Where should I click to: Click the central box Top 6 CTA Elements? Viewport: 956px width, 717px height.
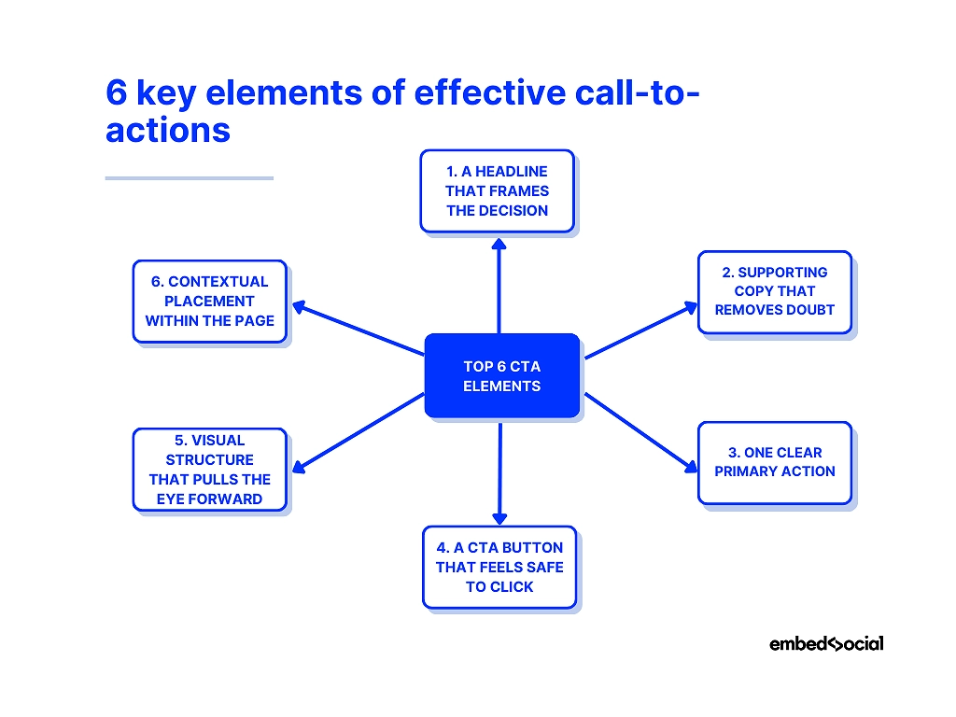[501, 375]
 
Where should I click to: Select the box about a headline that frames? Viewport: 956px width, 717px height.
[497, 190]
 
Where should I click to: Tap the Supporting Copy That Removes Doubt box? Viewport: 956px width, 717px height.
[774, 291]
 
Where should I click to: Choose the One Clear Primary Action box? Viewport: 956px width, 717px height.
[774, 462]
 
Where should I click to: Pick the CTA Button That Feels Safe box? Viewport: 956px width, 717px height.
[499, 567]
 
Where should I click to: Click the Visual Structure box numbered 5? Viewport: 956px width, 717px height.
[209, 470]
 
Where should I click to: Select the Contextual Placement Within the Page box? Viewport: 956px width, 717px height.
[209, 301]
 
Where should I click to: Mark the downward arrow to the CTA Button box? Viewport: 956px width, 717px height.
[499, 474]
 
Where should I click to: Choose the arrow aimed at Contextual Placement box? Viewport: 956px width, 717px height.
[358, 329]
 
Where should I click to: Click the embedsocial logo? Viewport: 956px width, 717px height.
[825, 643]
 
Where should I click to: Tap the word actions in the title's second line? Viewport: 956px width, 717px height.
[168, 129]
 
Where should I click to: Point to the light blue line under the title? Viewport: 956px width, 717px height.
[189, 177]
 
